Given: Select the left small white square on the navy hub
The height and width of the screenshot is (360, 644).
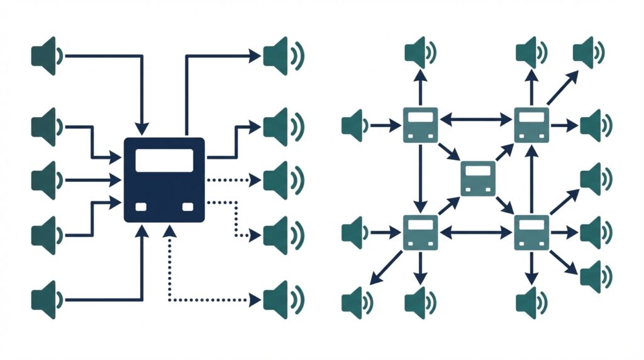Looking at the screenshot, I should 141,206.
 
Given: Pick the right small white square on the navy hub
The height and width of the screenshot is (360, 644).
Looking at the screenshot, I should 187,206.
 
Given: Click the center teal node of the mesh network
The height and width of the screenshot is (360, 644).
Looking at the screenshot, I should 478,177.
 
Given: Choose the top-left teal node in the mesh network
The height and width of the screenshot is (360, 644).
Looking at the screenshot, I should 419,124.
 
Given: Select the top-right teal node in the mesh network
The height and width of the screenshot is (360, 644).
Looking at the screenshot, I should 532,124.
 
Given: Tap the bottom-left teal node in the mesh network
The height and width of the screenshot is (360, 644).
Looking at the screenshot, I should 419,232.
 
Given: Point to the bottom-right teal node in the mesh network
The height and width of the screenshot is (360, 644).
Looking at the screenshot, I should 532,232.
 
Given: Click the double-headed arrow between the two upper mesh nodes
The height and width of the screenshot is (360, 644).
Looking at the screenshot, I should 475,118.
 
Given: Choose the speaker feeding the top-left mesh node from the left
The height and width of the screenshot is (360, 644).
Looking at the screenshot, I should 355,125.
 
